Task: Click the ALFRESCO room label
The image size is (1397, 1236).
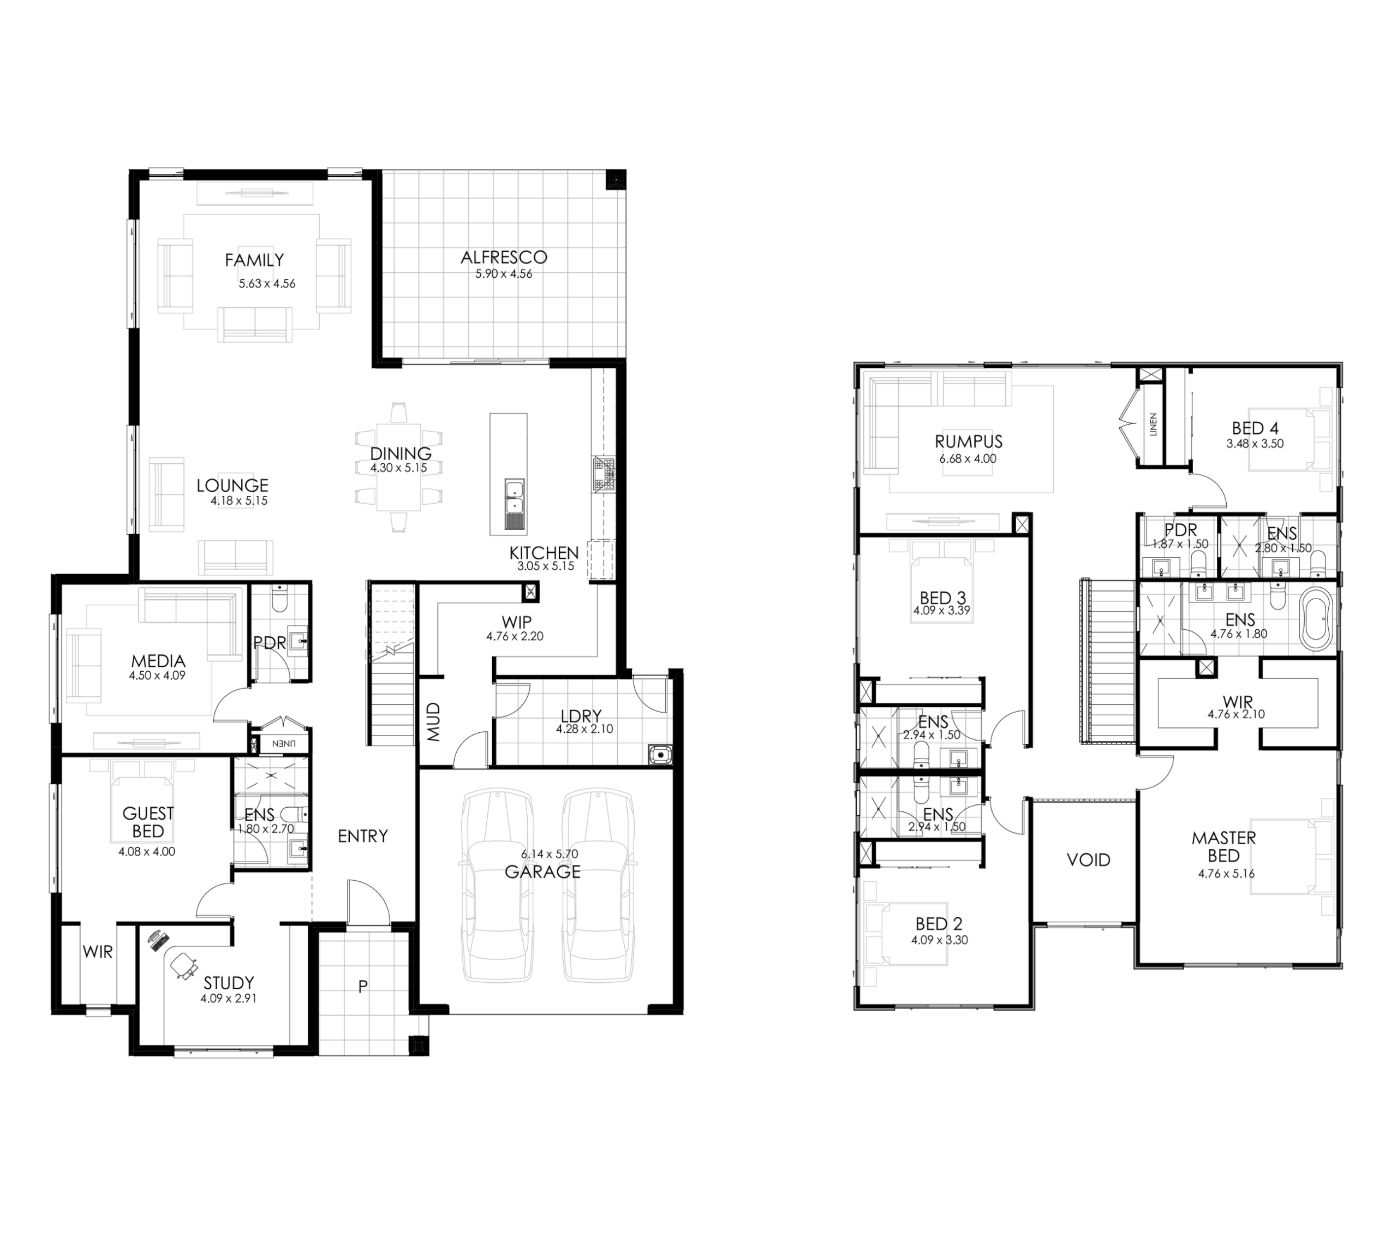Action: click(x=504, y=257)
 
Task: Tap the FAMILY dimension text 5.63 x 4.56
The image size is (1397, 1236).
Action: click(x=267, y=284)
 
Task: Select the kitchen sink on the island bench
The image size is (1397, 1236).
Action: click(x=514, y=505)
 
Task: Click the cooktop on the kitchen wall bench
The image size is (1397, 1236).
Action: click(x=604, y=474)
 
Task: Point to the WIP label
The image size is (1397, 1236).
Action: click(x=516, y=622)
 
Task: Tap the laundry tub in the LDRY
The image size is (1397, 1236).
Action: click(x=660, y=755)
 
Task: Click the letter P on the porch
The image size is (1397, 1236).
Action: click(x=363, y=986)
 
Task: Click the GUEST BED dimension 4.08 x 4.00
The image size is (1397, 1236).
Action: click(x=147, y=852)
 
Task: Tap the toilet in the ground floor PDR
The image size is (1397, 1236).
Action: click(x=280, y=598)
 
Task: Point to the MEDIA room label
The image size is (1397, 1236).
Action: click(x=158, y=661)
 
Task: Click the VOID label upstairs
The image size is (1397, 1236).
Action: click(x=1089, y=860)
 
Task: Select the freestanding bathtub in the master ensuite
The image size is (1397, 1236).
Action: click(x=1316, y=622)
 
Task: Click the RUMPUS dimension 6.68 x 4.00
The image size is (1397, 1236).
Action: click(x=968, y=459)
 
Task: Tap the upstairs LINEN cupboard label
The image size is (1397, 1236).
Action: click(x=1154, y=425)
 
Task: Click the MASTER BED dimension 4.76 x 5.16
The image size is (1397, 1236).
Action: click(x=1227, y=874)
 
